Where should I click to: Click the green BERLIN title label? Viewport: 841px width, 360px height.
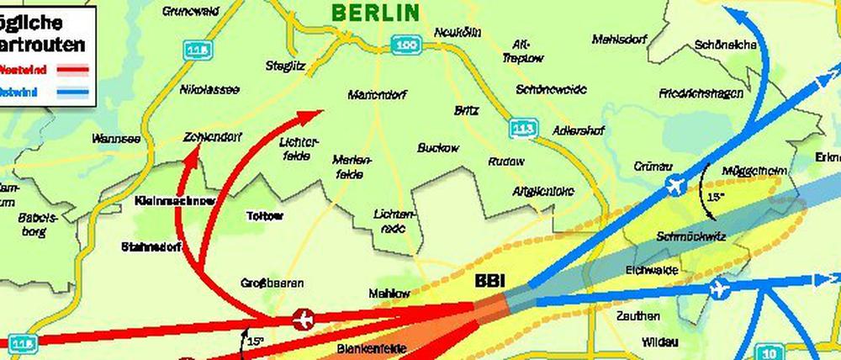(375, 12)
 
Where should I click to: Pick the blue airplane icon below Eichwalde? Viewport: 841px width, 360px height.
(717, 290)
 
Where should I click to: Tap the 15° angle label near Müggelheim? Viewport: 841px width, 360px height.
(715, 198)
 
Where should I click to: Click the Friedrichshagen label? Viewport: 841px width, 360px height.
(700, 93)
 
